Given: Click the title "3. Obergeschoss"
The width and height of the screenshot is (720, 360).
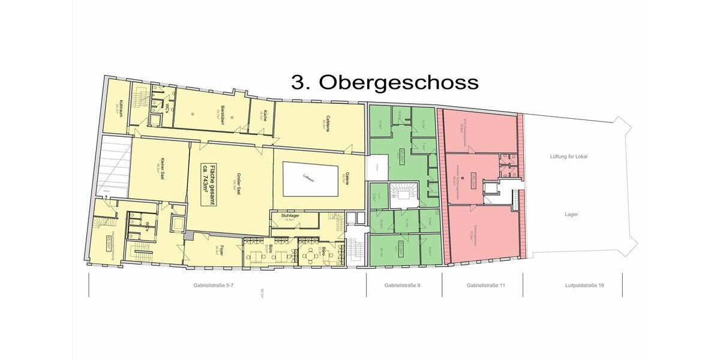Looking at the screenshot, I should click(x=385, y=82).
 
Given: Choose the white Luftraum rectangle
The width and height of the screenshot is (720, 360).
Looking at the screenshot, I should click(x=309, y=178).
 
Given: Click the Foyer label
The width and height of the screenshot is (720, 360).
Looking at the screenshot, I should click(x=221, y=251).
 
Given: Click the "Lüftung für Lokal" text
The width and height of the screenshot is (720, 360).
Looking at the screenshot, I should click(x=569, y=157).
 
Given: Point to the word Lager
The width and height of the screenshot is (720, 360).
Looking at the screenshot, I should click(x=571, y=214).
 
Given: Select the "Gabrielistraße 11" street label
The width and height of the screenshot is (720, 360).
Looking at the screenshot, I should click(x=482, y=286).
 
